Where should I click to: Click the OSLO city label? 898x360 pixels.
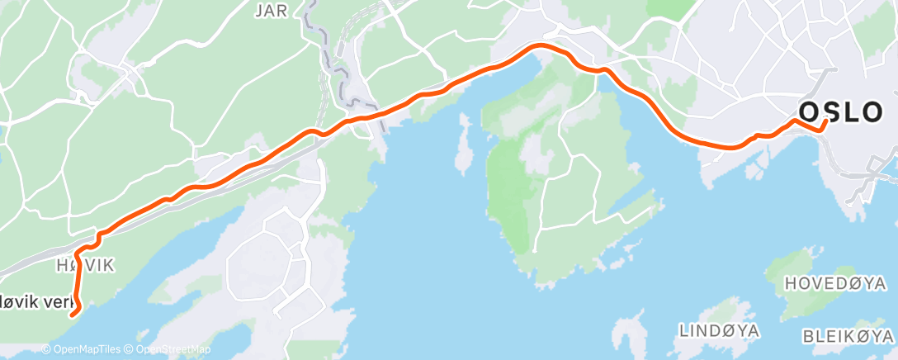click(849, 112)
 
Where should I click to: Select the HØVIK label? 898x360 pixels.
click(85, 265)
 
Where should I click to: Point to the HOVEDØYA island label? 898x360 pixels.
click(834, 283)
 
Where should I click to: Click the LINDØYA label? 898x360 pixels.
click(720, 330)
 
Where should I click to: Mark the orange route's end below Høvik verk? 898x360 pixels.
click(73, 314)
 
